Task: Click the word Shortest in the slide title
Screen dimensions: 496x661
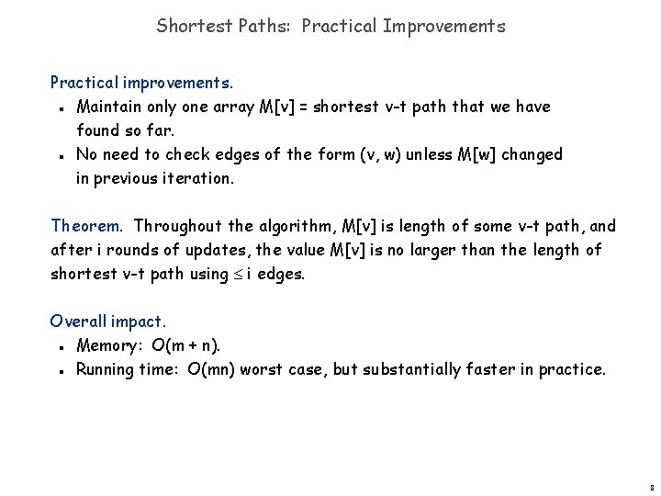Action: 188,26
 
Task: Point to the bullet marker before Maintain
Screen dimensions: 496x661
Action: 58,108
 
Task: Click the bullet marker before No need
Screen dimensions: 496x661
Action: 58,156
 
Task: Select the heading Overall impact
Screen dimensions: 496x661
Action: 108,321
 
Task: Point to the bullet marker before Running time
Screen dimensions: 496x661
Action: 58,371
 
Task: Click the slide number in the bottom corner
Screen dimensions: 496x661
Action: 650,487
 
